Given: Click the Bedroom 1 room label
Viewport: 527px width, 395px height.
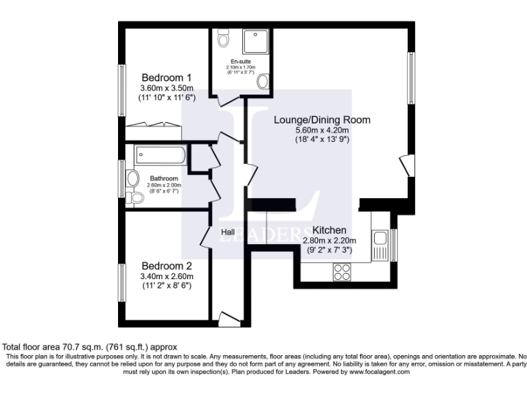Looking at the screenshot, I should (167, 77).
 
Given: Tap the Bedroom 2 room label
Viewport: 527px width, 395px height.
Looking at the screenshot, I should (167, 265).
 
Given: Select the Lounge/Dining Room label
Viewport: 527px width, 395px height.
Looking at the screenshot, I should (322, 119).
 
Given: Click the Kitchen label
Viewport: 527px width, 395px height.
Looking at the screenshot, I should (329, 230).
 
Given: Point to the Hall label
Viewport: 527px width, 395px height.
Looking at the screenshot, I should (229, 233).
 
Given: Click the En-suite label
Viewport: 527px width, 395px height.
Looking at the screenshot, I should (239, 61).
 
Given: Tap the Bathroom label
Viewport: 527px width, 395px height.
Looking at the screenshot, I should (164, 178).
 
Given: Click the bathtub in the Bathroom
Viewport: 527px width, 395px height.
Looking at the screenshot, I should (161, 155).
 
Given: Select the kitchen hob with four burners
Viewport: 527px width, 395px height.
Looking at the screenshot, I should (342, 272).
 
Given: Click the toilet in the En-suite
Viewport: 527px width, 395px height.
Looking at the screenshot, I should (222, 40).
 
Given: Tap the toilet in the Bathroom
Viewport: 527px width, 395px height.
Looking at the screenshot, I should (135, 197).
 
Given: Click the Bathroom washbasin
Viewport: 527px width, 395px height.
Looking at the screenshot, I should (133, 178).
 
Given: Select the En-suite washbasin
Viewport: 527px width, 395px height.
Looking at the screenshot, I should (263, 82).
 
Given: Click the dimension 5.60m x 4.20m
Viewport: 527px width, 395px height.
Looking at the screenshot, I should (322, 130).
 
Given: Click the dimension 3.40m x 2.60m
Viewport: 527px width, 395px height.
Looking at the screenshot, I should (167, 276).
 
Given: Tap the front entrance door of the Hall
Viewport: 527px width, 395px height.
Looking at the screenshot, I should (227, 317).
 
